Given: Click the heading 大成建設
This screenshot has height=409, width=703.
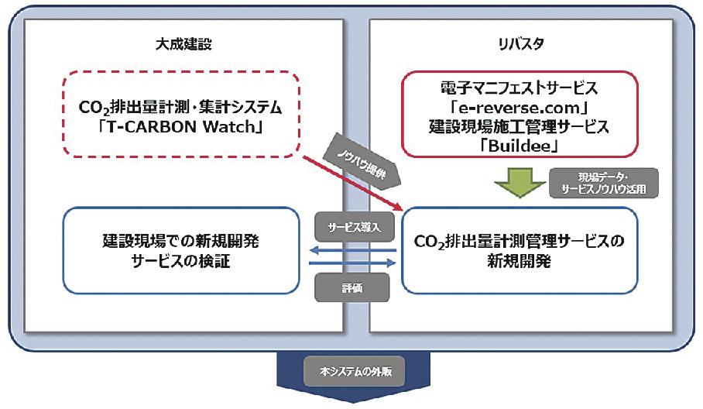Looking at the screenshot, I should tap(184, 44).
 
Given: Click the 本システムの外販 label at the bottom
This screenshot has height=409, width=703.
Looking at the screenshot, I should tap(351, 371).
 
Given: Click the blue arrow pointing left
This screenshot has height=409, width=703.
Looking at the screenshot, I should tap(352, 250).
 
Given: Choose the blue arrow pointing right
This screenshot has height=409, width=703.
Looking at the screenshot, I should tap(352, 264).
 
